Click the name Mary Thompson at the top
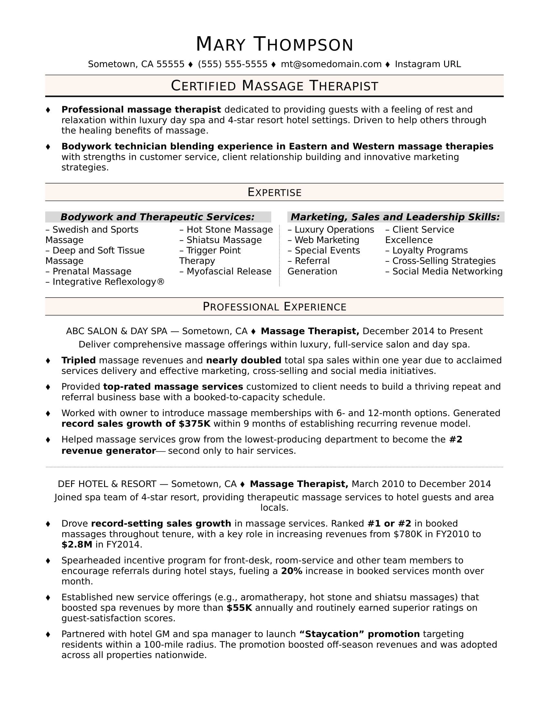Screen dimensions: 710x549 [274, 45]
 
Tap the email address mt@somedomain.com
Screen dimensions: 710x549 [331, 64]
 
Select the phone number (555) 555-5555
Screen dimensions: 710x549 [233, 64]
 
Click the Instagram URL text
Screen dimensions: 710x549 [428, 64]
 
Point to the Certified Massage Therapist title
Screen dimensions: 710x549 [274, 86]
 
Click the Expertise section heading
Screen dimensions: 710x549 [274, 192]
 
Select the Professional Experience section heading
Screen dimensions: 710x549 [274, 307]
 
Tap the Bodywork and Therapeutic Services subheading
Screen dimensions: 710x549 [157, 217]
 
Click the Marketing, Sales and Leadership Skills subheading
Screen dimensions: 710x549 [395, 217]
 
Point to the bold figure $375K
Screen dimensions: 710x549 [194, 424]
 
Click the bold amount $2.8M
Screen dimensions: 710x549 [77, 544]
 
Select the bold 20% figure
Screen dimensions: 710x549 [291, 571]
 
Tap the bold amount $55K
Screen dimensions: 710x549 [239, 608]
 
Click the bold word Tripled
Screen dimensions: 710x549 [78, 360]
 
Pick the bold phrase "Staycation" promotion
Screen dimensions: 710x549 [359, 634]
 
